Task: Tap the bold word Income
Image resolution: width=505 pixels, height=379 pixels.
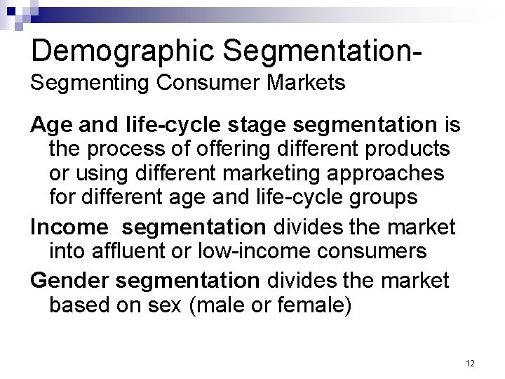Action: [x=65, y=226]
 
